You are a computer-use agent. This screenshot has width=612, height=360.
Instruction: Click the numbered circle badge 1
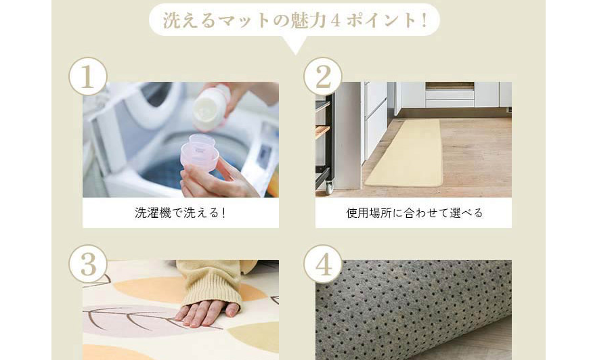click(x=88, y=76)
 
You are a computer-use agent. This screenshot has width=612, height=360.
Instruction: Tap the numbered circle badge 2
click(x=323, y=76)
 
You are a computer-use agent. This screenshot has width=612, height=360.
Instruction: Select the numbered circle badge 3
click(x=88, y=264)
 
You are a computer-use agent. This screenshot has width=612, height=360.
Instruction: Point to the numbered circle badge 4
click(x=323, y=264)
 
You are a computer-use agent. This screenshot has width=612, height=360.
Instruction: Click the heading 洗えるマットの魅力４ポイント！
click(x=294, y=20)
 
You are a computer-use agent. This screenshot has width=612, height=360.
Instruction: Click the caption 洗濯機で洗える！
click(x=180, y=213)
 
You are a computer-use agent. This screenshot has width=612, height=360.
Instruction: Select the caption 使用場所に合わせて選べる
click(x=414, y=213)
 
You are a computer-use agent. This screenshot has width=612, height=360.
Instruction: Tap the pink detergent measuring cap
click(x=200, y=152)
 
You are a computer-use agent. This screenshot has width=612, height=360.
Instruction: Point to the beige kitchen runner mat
click(x=404, y=154)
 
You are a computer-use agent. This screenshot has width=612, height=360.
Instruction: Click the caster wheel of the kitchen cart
click(x=330, y=188)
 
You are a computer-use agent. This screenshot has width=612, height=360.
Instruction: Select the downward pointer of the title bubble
click(x=295, y=46)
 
